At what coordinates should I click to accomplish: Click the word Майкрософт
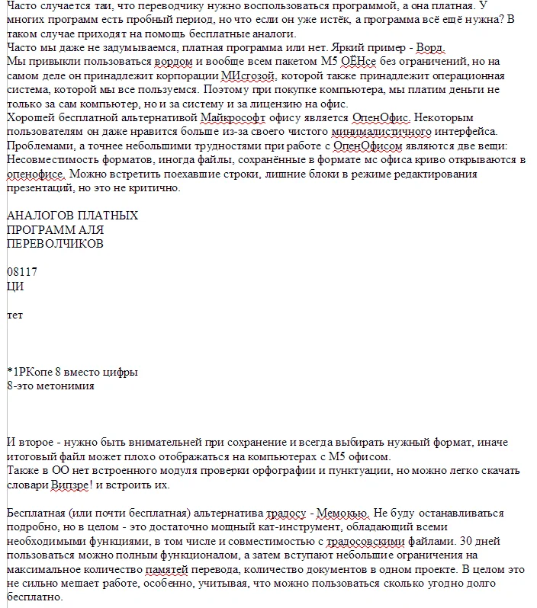(232, 117)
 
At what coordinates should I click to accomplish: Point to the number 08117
(22, 272)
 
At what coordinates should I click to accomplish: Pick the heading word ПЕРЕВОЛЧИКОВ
(55, 244)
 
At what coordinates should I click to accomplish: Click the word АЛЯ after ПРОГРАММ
(92, 229)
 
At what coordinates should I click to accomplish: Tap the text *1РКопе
(29, 373)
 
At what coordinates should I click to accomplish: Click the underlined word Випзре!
(77, 485)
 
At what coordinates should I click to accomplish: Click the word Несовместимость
(53, 159)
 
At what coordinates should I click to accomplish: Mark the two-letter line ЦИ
(15, 286)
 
